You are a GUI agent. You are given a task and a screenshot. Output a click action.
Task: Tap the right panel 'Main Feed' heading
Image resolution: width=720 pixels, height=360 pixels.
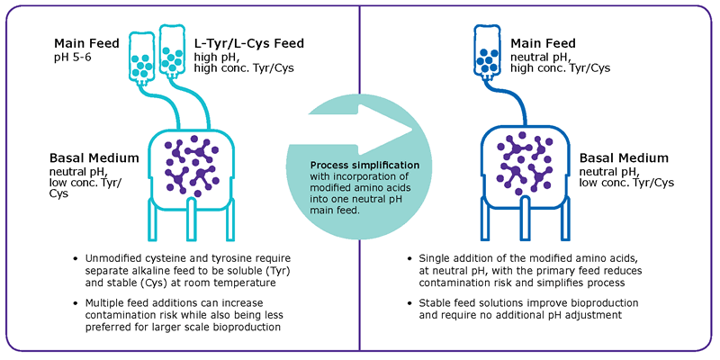544,42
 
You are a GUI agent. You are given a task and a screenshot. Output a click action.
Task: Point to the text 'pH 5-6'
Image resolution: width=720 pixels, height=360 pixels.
74,57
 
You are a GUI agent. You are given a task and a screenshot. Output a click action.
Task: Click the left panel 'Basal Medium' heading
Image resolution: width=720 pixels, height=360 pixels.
94,157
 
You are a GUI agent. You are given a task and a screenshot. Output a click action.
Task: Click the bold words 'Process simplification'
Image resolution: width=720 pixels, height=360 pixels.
364,166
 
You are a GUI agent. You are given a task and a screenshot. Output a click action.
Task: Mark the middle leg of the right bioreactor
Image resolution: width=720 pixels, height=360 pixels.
529,217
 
